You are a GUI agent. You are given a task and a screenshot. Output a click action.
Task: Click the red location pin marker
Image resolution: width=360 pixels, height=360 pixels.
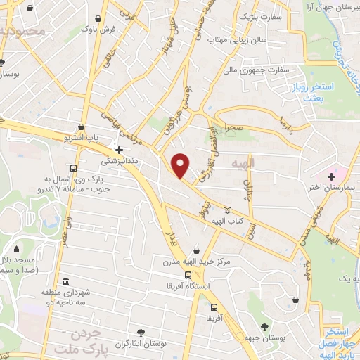(x=181, y=165)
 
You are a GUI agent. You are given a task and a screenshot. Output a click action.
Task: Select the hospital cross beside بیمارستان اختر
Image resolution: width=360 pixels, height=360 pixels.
(x=331, y=174)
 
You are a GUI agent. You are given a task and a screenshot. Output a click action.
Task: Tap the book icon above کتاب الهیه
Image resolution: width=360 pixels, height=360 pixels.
(x=226, y=210)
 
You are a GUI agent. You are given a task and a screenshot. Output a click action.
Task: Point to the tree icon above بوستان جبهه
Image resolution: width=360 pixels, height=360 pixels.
(x=264, y=326)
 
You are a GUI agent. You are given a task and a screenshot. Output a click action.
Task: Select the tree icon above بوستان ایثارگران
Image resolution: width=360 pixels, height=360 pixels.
(x=143, y=331)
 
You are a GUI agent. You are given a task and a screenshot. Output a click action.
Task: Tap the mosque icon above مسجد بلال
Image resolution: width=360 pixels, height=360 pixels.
(x=17, y=249)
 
